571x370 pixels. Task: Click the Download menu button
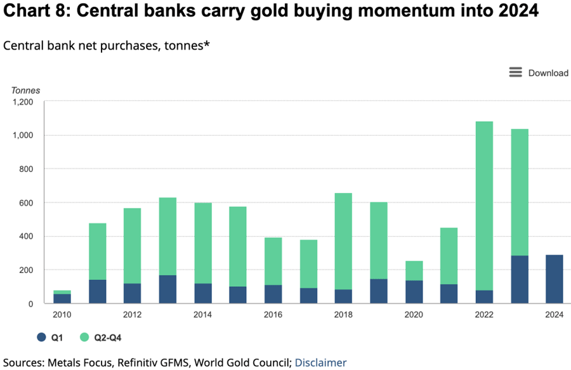pos(539,73)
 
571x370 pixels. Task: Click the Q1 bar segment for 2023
pos(519,279)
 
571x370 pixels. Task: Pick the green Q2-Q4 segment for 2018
pos(343,241)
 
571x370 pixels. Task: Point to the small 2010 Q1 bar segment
pos(62,298)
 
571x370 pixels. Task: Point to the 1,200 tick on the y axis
pos(22,102)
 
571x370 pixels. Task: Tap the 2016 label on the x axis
pos(273,314)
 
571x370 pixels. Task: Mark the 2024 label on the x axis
pos(554,314)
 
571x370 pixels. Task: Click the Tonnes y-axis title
pos(25,90)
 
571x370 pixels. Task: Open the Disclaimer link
pos(320,363)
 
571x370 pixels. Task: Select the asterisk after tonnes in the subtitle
pos(207,44)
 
